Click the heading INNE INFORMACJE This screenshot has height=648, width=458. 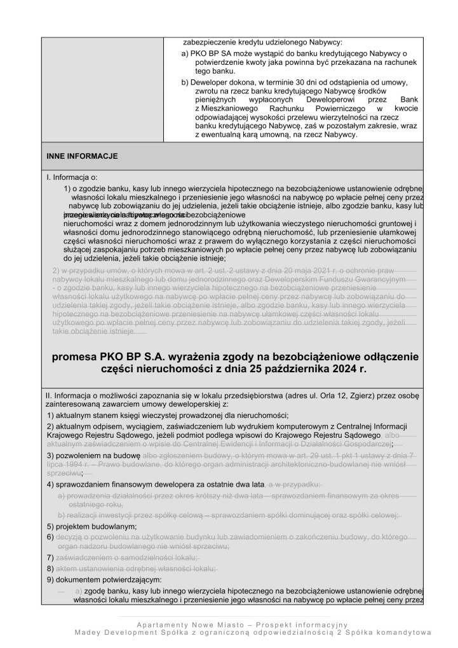pyautogui.click(x=82, y=156)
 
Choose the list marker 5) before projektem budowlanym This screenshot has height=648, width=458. pyautogui.click(x=50, y=527)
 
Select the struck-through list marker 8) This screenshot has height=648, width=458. pyautogui.click(x=50, y=568)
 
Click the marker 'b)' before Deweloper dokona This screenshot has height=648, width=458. pyautogui.click(x=185, y=83)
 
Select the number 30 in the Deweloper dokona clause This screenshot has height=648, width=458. pyautogui.click(x=304, y=83)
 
